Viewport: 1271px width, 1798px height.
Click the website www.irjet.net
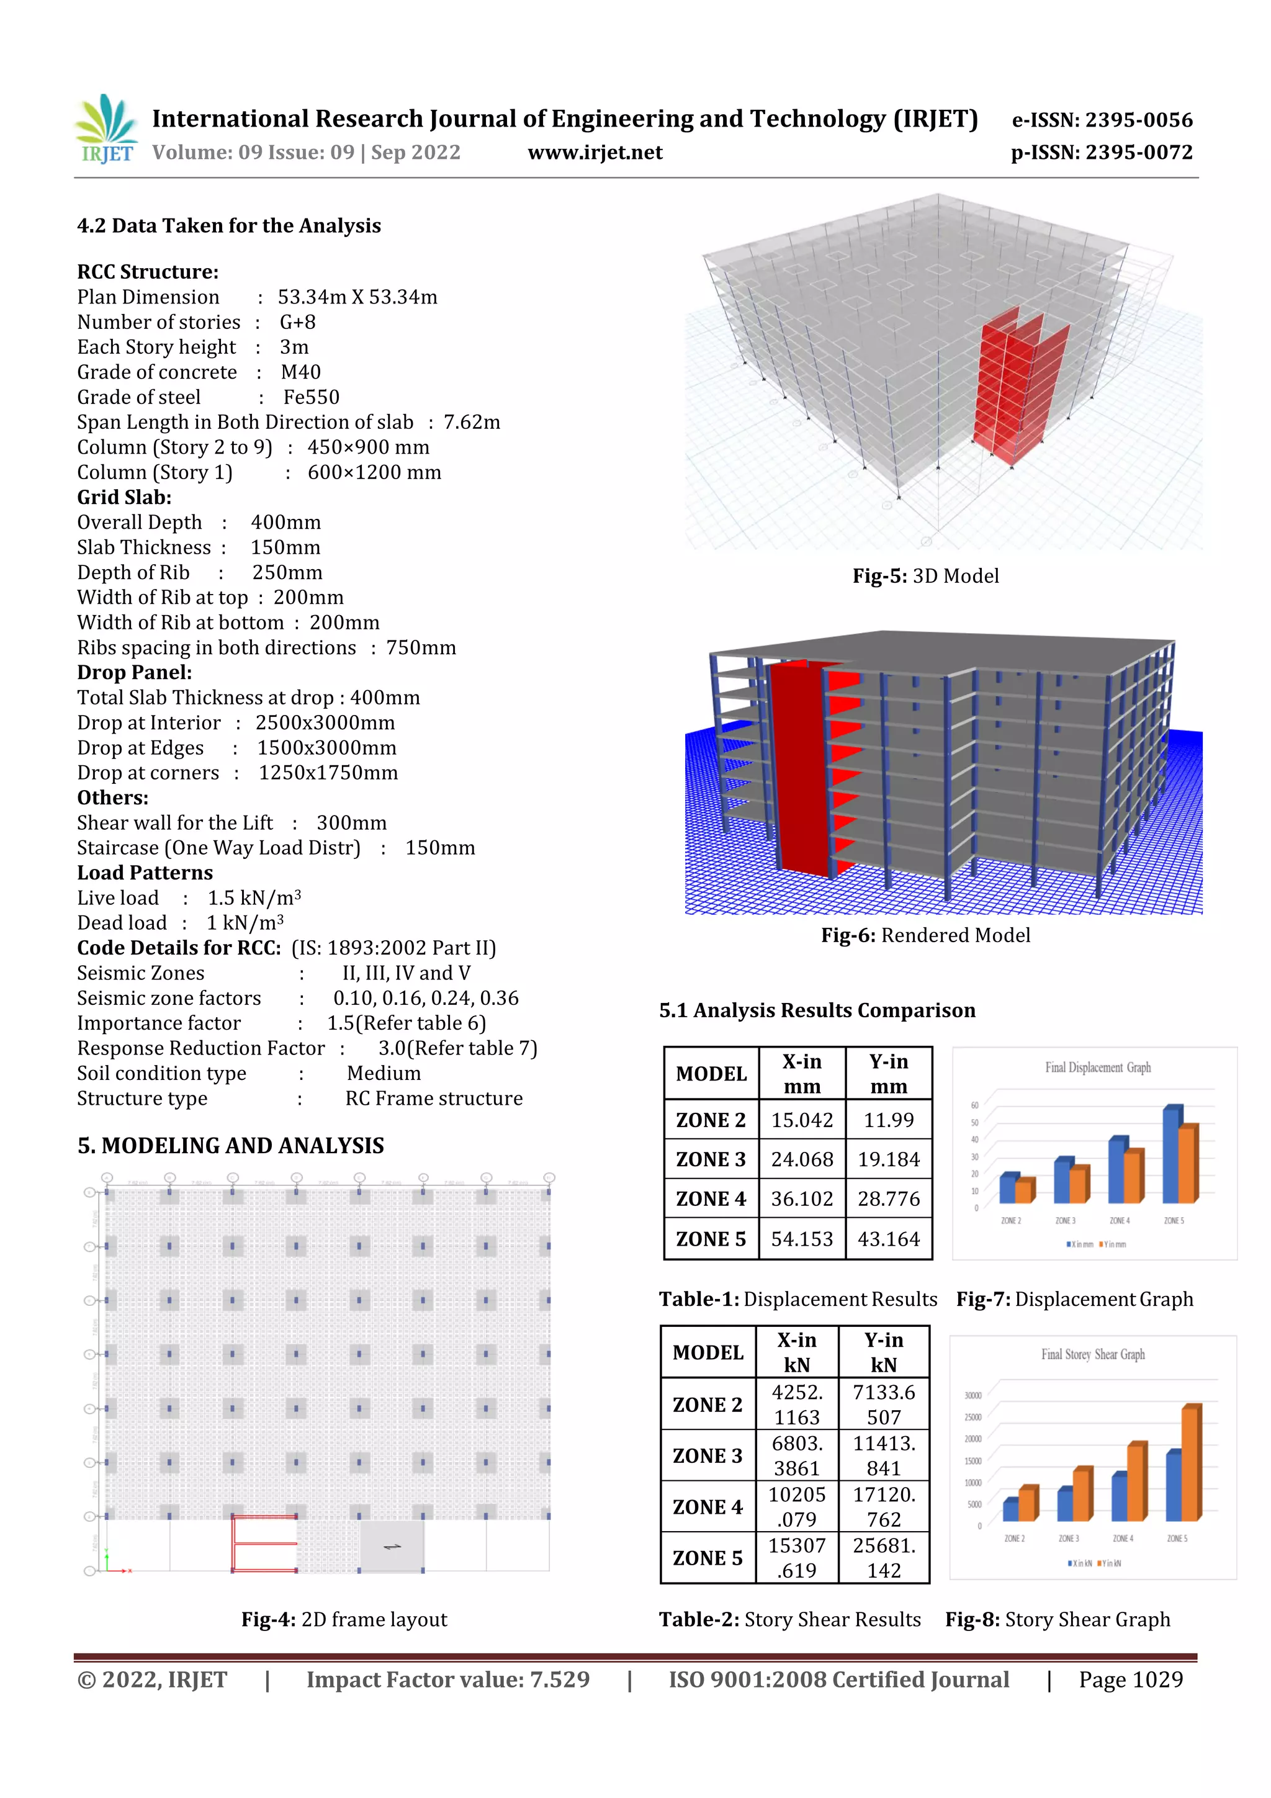click(x=595, y=153)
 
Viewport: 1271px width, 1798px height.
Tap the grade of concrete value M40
click(x=301, y=372)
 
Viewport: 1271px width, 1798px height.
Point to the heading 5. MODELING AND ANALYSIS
click(x=230, y=1146)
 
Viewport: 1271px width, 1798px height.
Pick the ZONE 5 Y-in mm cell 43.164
click(x=888, y=1239)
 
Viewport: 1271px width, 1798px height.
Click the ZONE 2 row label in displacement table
click(x=711, y=1120)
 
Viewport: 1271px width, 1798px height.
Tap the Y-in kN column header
click(x=883, y=1352)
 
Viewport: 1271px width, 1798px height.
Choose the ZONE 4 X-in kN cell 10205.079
click(x=796, y=1507)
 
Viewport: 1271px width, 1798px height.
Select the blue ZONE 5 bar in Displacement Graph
click(x=1172, y=1154)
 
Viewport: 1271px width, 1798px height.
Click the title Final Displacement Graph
click(x=1097, y=1068)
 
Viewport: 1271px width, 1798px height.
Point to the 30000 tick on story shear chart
click(x=972, y=1395)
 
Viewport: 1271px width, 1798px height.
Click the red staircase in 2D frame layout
click(x=264, y=1544)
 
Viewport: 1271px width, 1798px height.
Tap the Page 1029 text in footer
click(x=1130, y=1679)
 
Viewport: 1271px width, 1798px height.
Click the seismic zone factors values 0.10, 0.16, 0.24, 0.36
click(x=425, y=999)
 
